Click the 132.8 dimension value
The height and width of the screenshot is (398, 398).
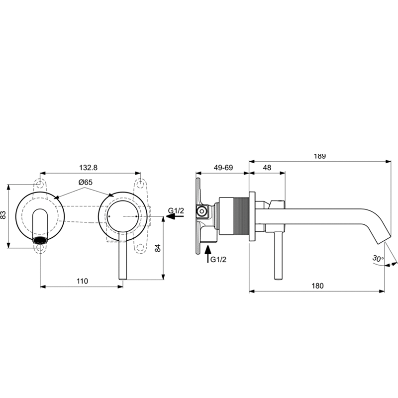tap(89, 168)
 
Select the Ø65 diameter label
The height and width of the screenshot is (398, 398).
tap(86, 182)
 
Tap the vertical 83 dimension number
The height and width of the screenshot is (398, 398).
tap(3, 215)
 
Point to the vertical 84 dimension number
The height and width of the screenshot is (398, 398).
tap(158, 248)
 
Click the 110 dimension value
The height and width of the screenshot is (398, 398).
tap(83, 281)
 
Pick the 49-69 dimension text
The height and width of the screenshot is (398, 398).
tap(223, 168)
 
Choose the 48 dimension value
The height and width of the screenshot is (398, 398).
tap(267, 168)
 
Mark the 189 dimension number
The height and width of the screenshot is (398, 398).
tap(319, 156)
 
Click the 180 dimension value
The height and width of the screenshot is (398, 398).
tap(317, 286)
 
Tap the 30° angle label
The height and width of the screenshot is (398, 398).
tap(378, 258)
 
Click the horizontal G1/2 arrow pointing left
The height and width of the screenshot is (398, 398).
tap(175, 216)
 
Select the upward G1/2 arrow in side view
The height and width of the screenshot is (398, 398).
tap(208, 254)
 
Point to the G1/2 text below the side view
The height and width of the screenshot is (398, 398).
tap(218, 259)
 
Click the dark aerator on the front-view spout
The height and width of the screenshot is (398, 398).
tap(40, 240)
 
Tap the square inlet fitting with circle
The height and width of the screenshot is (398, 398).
tap(202, 211)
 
